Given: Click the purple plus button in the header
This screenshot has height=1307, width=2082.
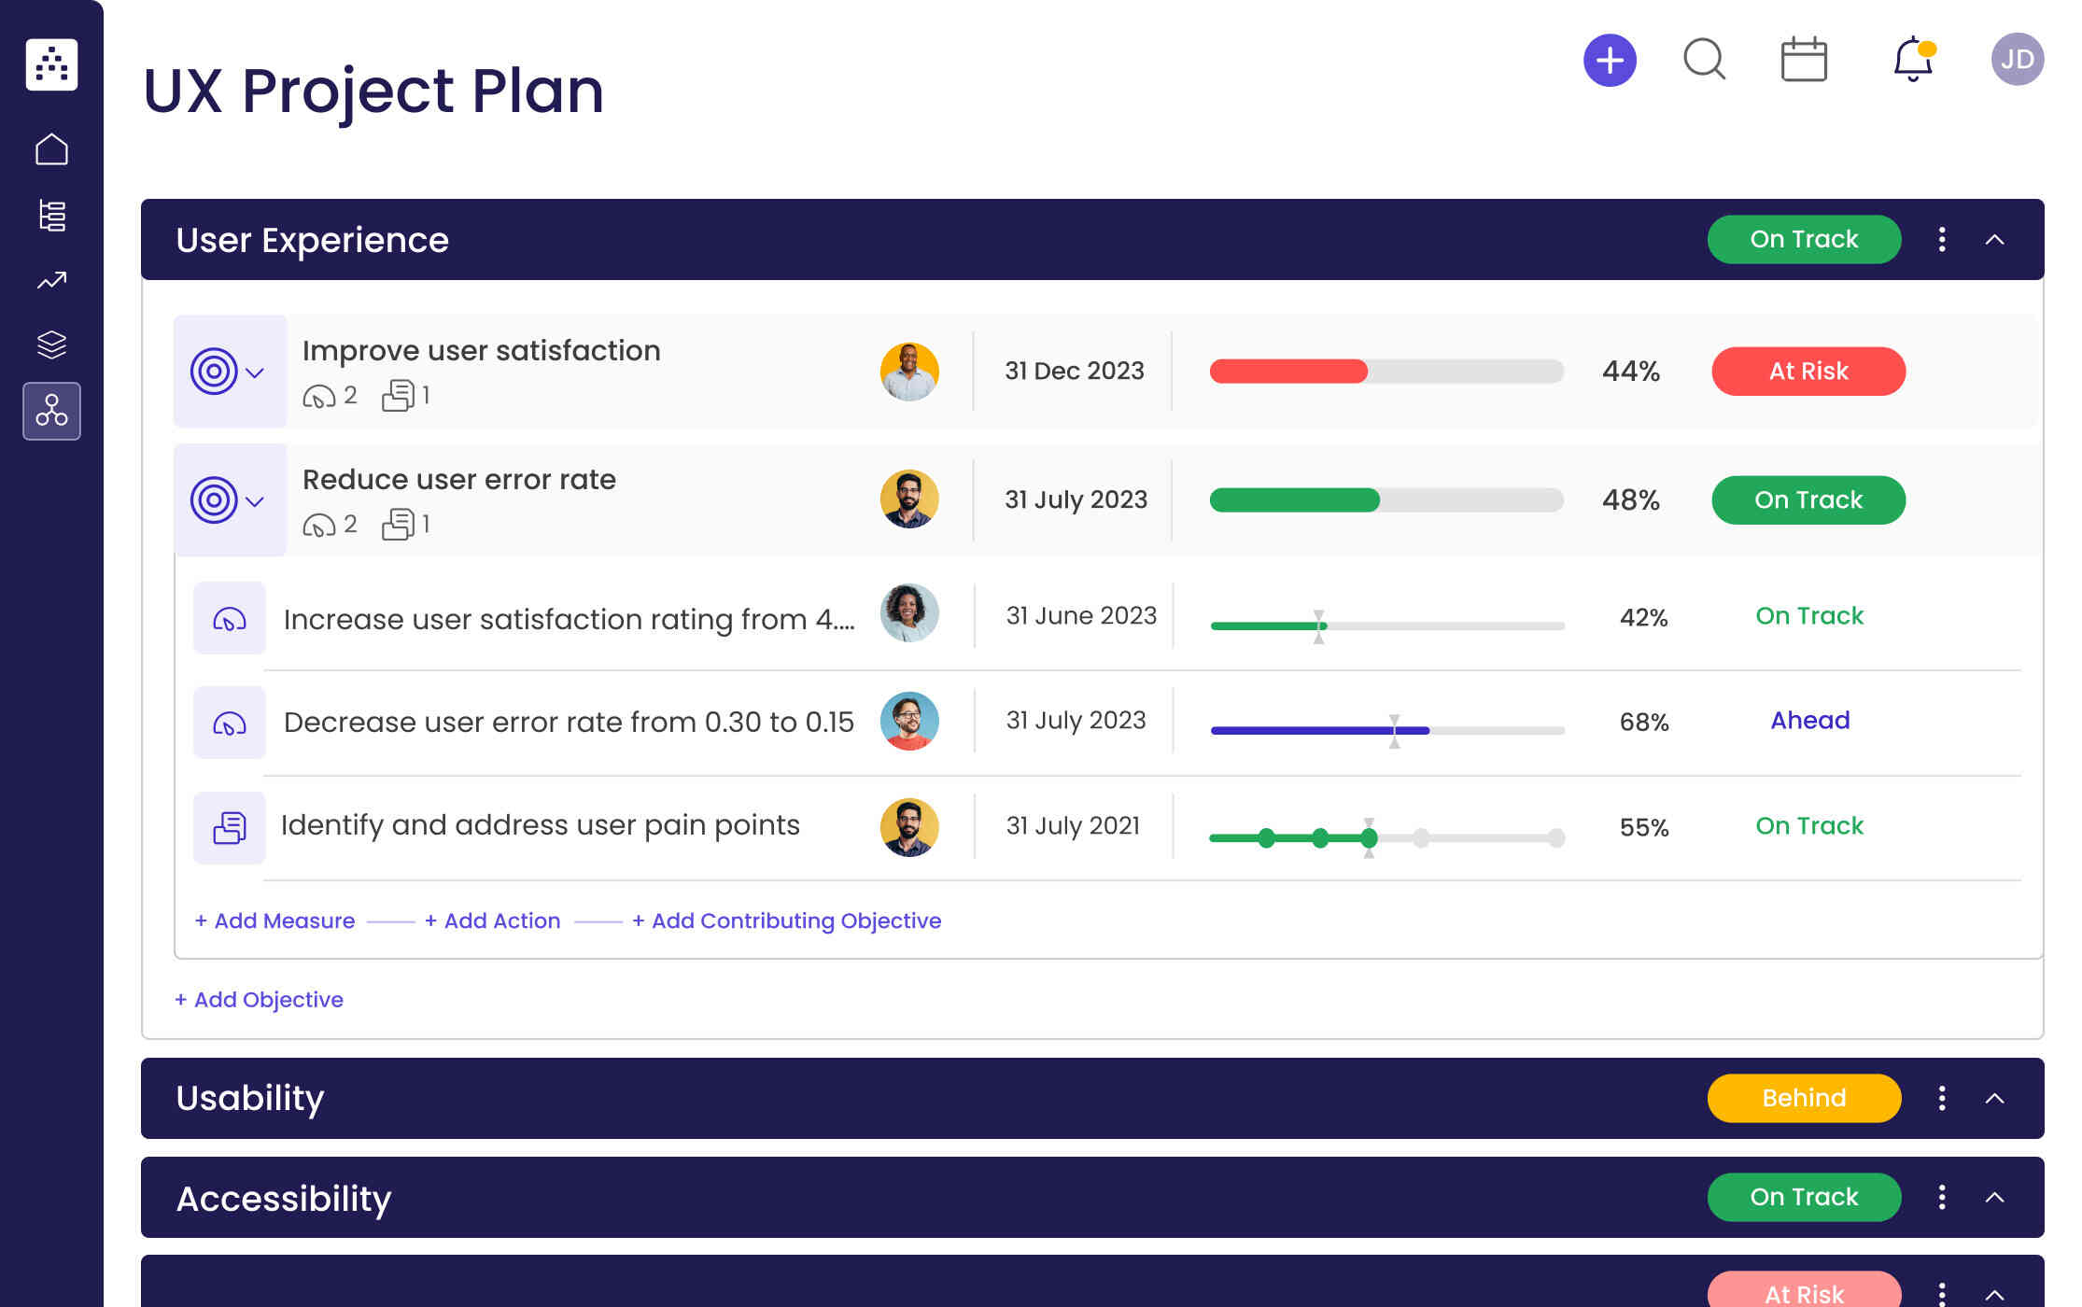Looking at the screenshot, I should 1610,61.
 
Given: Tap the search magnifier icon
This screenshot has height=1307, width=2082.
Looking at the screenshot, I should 1704,60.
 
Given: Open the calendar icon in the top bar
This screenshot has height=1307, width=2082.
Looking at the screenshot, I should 1803,61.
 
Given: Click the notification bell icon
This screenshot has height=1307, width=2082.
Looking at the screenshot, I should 1912,60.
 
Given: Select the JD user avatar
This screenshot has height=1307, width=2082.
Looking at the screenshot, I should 2017,60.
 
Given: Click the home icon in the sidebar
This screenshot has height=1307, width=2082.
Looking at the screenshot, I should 52,149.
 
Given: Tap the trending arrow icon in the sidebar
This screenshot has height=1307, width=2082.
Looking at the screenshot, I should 52,280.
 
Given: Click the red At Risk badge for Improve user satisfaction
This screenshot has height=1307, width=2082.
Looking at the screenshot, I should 1808,372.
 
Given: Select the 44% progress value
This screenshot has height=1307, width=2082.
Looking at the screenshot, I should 1630,372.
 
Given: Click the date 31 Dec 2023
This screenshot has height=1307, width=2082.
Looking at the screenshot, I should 1074,372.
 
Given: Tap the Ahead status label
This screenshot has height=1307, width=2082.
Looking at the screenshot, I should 1809,721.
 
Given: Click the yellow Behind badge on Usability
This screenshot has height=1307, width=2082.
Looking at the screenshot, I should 1803,1098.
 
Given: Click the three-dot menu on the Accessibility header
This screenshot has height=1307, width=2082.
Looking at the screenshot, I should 1941,1197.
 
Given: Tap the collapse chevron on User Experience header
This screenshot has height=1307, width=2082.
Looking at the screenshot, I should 1994,240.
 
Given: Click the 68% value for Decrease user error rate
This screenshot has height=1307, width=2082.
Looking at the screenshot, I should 1643,722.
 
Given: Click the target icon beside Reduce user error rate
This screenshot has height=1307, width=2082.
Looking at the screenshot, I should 214,500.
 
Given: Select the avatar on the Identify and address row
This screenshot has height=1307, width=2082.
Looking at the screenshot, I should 908,827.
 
